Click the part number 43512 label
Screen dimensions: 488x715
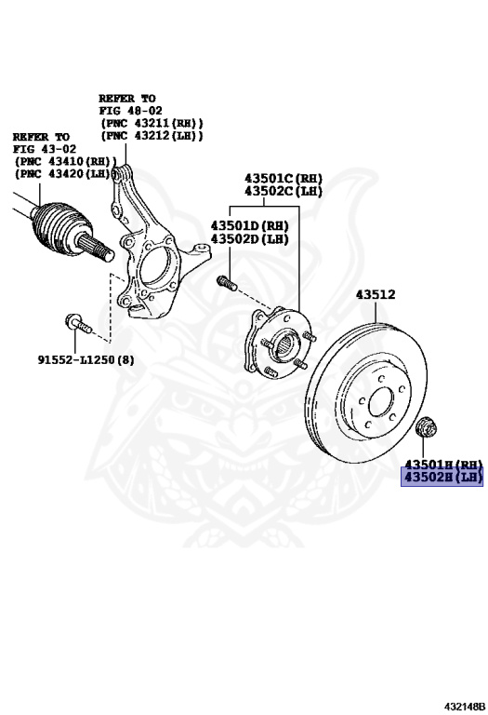[376, 294]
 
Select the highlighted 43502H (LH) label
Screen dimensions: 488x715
[442, 478]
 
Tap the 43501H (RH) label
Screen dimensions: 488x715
[443, 465]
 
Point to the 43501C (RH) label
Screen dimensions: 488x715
[284, 179]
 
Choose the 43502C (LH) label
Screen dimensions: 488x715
[284, 191]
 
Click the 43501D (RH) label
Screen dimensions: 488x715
[249, 225]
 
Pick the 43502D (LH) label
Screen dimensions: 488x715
[249, 238]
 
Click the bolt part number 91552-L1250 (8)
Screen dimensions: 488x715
[86, 360]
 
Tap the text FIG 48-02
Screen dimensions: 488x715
[131, 111]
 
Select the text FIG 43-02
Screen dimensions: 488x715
[45, 149]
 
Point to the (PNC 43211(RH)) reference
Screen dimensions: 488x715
[152, 123]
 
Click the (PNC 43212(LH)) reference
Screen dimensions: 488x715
[152, 135]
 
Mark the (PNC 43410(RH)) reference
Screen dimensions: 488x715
[66, 161]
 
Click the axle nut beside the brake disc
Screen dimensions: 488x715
[427, 425]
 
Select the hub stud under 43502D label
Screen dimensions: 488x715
[227, 282]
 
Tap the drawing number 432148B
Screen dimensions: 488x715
[465, 707]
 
